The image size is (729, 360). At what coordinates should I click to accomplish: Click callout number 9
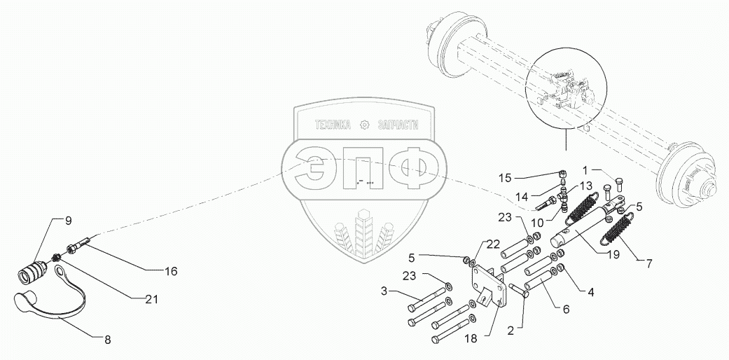pos(69,221)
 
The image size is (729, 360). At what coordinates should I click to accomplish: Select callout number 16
pos(171,270)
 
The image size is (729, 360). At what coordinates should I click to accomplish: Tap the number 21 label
pos(151,299)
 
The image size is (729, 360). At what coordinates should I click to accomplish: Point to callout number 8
pos(107,340)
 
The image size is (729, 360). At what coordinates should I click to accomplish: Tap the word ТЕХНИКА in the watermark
pos(333,125)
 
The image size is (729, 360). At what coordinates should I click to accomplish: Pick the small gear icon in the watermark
pos(364,125)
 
